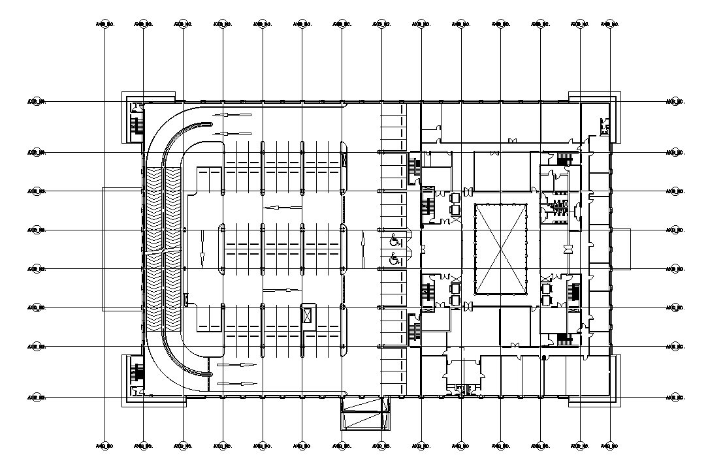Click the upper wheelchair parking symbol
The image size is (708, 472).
point(394,240)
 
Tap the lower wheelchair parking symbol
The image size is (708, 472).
point(394,259)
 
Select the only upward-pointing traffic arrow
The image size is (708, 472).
point(362,249)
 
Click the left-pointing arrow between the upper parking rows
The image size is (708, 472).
point(282,208)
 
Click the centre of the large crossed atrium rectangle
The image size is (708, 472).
point(500,249)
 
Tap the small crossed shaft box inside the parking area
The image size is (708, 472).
point(307,314)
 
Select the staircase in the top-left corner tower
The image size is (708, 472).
point(137,124)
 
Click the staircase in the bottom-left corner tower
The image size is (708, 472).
point(137,374)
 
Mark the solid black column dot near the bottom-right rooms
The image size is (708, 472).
point(543,356)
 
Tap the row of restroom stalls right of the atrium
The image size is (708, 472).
point(560,210)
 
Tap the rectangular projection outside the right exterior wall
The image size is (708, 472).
point(620,249)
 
